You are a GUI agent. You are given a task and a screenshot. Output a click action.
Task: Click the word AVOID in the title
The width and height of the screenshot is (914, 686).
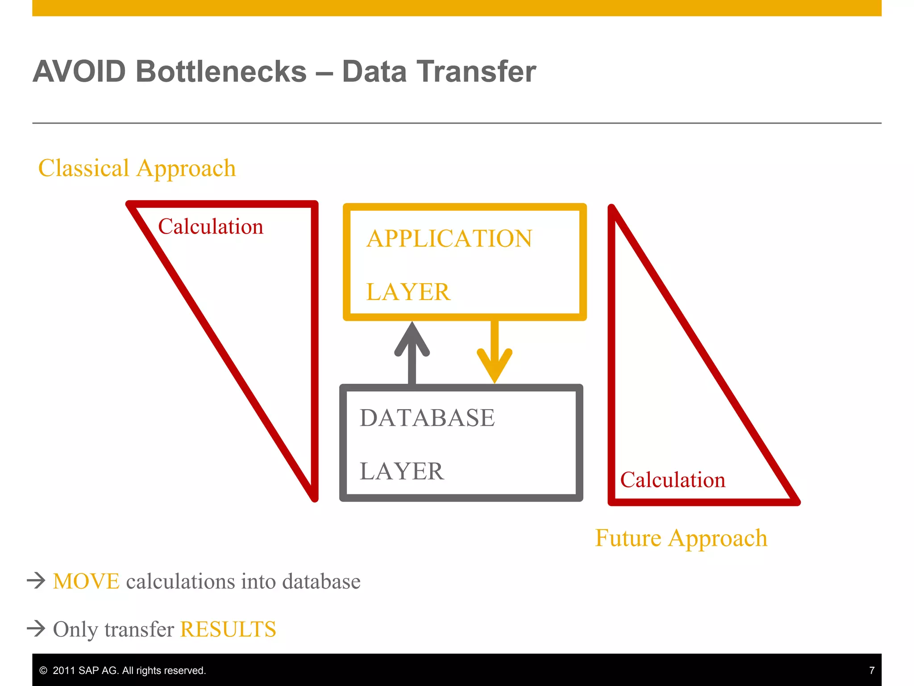(79, 72)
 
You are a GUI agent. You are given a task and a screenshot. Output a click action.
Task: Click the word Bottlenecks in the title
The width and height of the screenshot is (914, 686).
(221, 72)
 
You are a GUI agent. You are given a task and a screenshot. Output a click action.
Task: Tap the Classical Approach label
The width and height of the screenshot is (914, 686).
(137, 168)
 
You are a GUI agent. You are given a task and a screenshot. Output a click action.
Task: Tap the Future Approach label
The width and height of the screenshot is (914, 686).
(681, 538)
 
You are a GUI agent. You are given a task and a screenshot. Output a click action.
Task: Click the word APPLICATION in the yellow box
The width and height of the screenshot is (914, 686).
(449, 238)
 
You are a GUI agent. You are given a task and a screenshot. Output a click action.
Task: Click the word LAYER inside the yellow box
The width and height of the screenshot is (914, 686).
(408, 292)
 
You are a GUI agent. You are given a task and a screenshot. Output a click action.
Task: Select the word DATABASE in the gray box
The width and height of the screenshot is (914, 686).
(427, 418)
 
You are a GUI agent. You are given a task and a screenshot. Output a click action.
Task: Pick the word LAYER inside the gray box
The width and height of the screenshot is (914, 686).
(402, 472)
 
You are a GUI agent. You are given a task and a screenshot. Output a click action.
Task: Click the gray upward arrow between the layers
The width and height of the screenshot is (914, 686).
(412, 353)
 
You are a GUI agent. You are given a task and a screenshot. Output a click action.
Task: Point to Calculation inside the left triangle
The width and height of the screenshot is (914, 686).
(211, 227)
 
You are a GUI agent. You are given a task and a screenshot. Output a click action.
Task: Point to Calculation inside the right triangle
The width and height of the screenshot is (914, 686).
(673, 480)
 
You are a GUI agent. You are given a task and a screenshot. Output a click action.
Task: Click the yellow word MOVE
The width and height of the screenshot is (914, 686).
(86, 581)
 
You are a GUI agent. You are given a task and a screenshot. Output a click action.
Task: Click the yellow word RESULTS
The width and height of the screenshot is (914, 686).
(228, 629)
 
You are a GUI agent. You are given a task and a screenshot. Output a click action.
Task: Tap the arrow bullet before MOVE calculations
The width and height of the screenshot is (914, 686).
(36, 581)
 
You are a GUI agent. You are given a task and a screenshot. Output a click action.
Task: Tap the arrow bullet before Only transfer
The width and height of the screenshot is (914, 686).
(36, 628)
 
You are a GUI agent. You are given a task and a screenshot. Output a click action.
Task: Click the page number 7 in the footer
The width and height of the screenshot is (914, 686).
(872, 670)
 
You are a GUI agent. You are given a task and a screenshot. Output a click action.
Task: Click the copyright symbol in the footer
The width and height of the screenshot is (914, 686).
(43, 670)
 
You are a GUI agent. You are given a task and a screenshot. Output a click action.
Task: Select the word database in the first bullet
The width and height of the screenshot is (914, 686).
(321, 581)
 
